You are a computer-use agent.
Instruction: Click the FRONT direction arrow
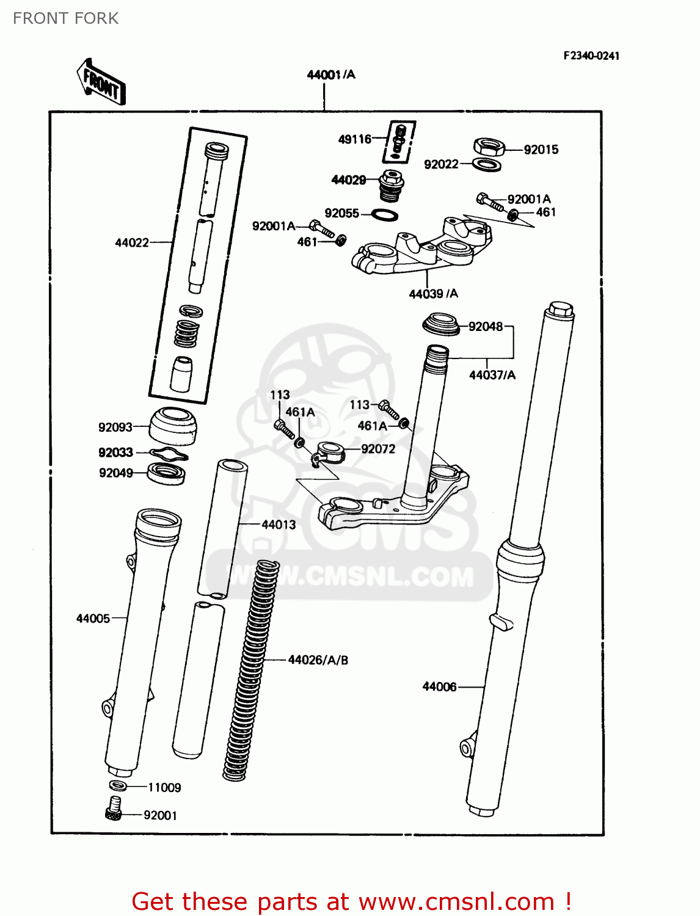101,82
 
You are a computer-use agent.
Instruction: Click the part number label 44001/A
330,75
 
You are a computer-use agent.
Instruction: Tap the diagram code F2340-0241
591,56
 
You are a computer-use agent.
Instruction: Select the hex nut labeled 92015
489,147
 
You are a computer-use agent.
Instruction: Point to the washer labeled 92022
487,164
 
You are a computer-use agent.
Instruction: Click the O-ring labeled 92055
385,215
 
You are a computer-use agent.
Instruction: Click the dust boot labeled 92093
173,425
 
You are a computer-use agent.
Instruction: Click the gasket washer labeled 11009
118,785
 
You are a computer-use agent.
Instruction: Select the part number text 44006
439,686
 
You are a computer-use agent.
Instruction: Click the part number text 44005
93,618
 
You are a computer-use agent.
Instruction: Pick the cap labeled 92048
441,324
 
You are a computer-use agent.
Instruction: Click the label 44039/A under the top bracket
433,294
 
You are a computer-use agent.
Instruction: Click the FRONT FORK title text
65,18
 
